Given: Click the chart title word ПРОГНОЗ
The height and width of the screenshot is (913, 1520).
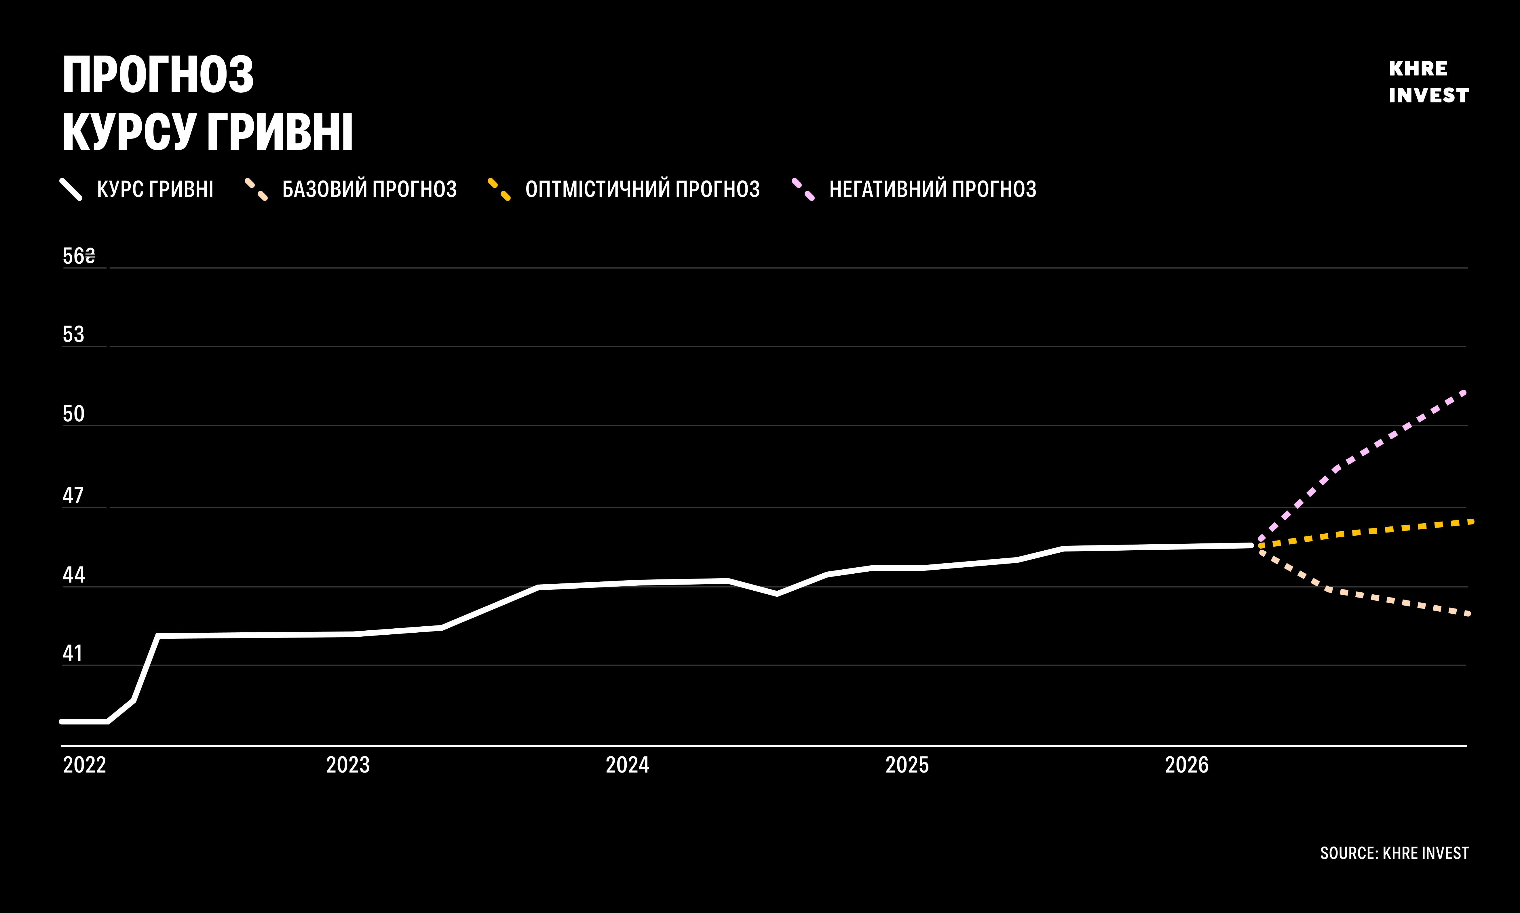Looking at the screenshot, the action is pyautogui.click(x=158, y=75).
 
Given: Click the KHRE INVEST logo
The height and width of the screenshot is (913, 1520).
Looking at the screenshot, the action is pyautogui.click(x=1428, y=82).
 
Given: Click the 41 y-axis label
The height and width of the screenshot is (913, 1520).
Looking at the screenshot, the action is pyautogui.click(x=72, y=653).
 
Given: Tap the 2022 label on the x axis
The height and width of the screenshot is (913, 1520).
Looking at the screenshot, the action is pyautogui.click(x=84, y=765).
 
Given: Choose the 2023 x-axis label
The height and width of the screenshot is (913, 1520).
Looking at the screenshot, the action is pyautogui.click(x=347, y=765).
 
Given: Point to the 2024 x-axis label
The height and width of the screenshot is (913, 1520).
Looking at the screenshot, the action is pyautogui.click(x=628, y=765).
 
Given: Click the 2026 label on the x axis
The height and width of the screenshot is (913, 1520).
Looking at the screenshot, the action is pyautogui.click(x=1187, y=765).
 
